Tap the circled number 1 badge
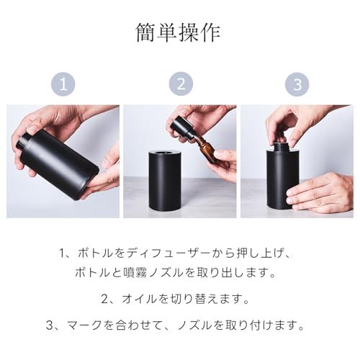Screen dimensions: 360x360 coord(65,84)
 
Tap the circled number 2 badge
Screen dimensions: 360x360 coord(181,84)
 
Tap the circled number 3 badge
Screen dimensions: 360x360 coord(297,84)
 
